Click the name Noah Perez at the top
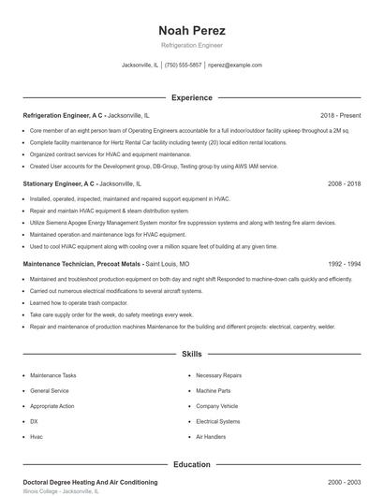click(192, 30)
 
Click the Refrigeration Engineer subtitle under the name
click(192, 45)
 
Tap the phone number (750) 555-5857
click(183, 66)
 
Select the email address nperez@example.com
click(235, 66)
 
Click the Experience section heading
click(192, 97)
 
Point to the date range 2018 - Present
click(340, 114)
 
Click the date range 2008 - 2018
click(344, 184)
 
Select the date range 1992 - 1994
click(344, 265)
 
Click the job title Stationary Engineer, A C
click(58, 184)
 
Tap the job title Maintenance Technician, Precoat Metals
click(81, 265)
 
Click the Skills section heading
click(192, 356)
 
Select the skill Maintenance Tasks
click(53, 375)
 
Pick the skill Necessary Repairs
click(218, 375)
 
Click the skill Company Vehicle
click(217, 406)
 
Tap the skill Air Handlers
click(211, 437)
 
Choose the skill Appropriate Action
click(52, 406)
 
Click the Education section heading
click(192, 464)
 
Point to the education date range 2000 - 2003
click(344, 481)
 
